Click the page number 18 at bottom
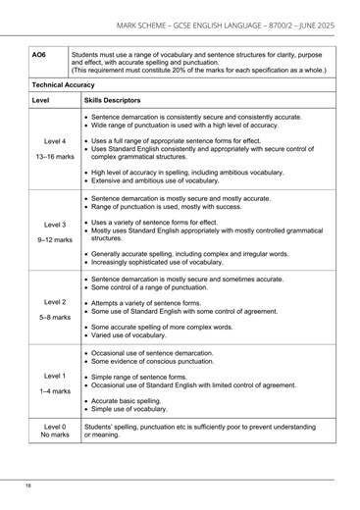tap(30, 485)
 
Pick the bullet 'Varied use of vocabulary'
tap(133, 334)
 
